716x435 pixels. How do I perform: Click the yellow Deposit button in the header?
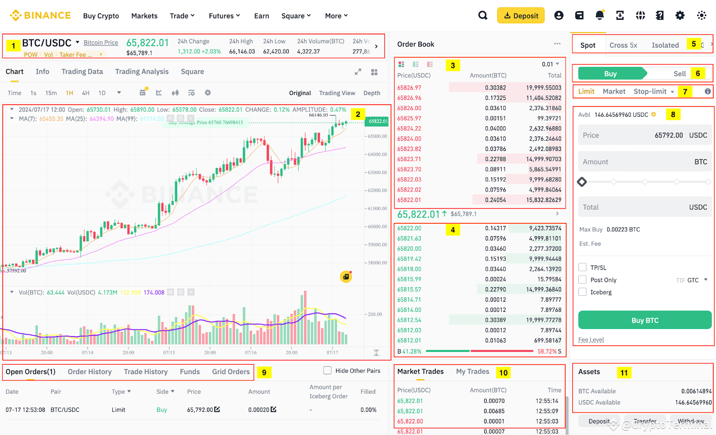pyautogui.click(x=521, y=16)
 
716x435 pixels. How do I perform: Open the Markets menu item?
pyautogui.click(x=144, y=16)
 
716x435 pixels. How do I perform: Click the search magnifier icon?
pyautogui.click(x=482, y=16)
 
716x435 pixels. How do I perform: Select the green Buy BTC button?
pyautogui.click(x=644, y=320)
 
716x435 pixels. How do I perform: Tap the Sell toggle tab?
pyautogui.click(x=679, y=74)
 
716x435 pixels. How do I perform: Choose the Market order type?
pyautogui.click(x=614, y=91)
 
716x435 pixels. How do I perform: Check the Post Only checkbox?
pyautogui.click(x=583, y=280)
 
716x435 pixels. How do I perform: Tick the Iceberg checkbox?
pyautogui.click(x=583, y=292)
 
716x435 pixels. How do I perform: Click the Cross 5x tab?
pyautogui.click(x=623, y=45)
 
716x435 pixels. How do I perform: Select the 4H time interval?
pyautogui.click(x=85, y=93)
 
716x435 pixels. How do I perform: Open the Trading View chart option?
pyautogui.click(x=337, y=93)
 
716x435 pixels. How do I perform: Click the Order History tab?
pyautogui.click(x=89, y=372)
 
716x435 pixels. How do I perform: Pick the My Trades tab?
pyautogui.click(x=473, y=371)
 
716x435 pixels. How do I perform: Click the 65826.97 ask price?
pyautogui.click(x=409, y=88)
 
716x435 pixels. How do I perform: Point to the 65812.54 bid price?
pyautogui.click(x=409, y=320)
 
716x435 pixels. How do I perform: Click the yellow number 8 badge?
pyautogui.click(x=673, y=115)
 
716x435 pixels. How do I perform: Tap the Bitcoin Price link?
pyautogui.click(x=101, y=43)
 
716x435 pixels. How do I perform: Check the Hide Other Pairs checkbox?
pyautogui.click(x=328, y=371)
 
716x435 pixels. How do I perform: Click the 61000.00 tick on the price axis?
pyautogui.click(x=377, y=209)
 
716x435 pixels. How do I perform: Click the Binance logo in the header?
pyautogui.click(x=40, y=16)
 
